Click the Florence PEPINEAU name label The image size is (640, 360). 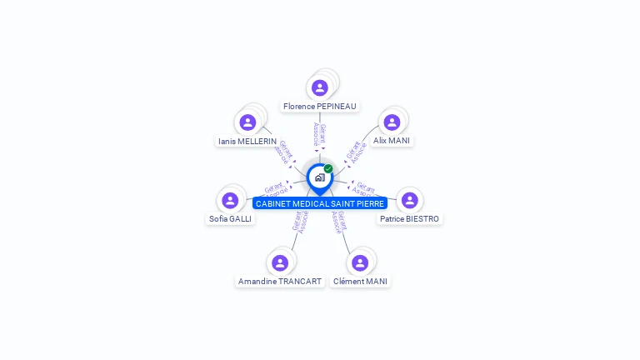319,107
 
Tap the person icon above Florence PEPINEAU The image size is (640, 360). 320,87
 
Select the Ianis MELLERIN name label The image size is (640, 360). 247,142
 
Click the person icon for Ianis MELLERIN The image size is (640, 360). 247,122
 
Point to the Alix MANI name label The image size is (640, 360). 391,141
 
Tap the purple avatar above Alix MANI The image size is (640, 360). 391,122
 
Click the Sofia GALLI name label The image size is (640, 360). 230,219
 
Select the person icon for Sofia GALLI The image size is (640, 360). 230,200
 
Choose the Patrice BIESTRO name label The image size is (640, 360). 409,219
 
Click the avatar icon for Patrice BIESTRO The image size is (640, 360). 409,200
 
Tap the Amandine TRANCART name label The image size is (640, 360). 280,282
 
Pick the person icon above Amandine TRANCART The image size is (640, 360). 280,262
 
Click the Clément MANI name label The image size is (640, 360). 360,282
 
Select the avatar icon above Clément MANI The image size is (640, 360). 360,262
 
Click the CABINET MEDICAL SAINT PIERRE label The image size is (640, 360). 320,203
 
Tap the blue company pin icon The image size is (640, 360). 319,177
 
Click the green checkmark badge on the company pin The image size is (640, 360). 328,168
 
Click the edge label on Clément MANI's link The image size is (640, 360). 338,222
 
